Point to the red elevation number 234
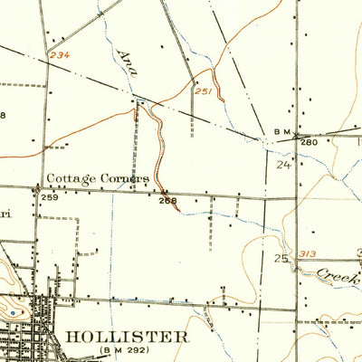(61, 56)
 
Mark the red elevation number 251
(203, 91)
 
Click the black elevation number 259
(49, 197)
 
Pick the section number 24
(283, 166)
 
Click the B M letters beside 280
(280, 133)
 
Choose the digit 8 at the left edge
(3, 115)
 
